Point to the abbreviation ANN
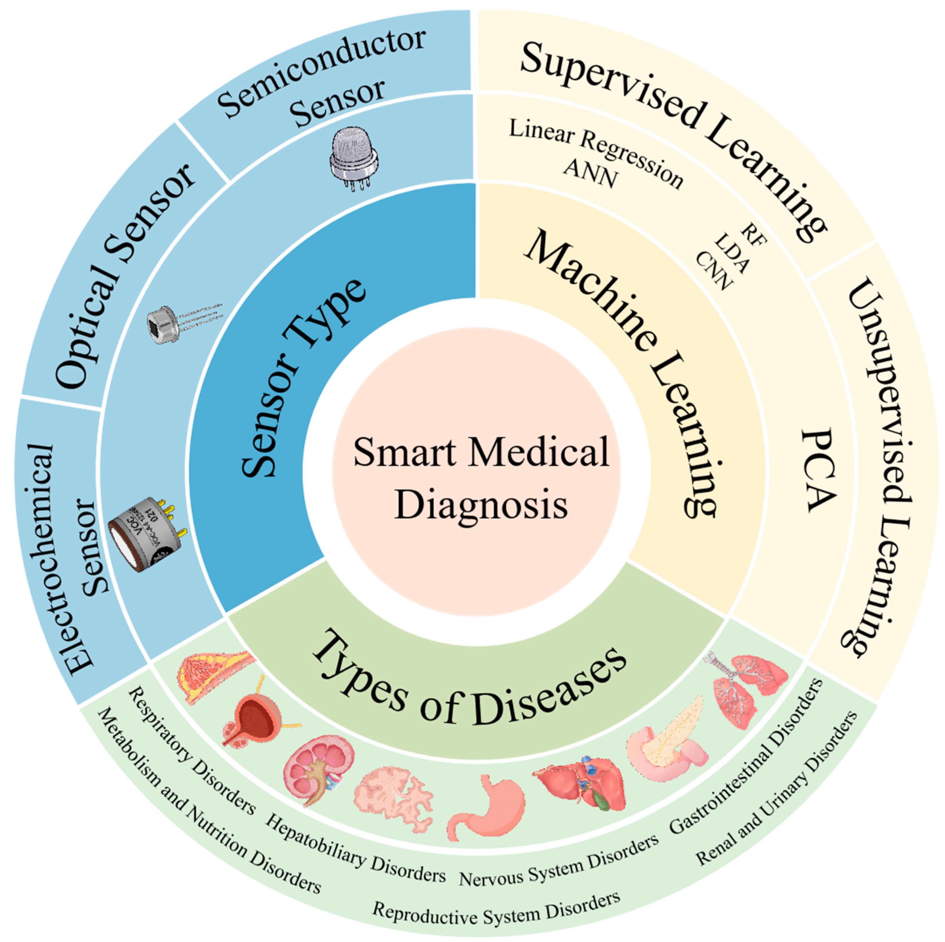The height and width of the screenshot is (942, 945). [x=590, y=173]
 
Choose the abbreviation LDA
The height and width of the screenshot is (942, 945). [x=731, y=253]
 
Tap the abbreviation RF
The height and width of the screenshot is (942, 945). [x=753, y=234]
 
